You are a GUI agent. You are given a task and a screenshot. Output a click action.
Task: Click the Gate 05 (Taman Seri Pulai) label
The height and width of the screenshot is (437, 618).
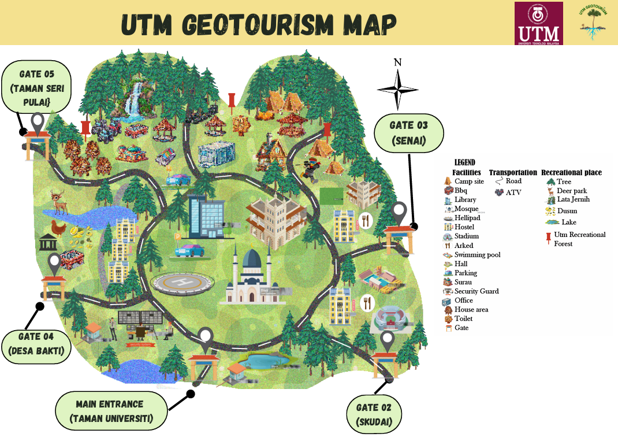[x=36, y=88]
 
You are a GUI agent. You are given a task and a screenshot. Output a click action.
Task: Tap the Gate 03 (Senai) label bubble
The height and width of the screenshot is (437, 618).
[x=409, y=134]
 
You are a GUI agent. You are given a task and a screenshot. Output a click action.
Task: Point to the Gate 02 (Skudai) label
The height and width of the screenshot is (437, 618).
[x=374, y=414]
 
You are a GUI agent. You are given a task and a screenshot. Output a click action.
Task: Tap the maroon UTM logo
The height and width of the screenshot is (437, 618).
[x=538, y=23]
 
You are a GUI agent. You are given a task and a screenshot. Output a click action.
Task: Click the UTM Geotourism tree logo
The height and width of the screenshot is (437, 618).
[x=594, y=23]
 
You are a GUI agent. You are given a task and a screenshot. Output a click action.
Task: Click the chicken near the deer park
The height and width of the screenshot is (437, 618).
[x=57, y=228]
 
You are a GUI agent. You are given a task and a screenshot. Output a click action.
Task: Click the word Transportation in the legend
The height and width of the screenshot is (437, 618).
[x=513, y=172]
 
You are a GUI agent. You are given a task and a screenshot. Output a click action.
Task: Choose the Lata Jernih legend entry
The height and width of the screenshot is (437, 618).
[x=572, y=199]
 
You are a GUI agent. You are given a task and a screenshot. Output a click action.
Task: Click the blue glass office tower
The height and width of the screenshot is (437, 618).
[x=206, y=217]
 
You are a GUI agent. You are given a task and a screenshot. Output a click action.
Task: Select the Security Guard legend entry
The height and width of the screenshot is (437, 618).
[x=476, y=291]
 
